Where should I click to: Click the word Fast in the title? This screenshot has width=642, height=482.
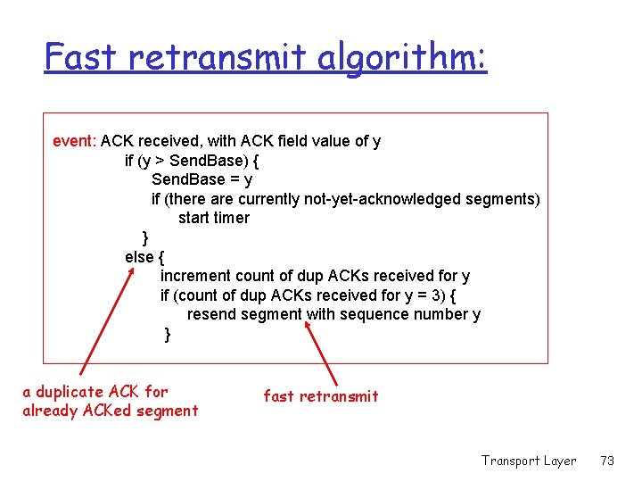(x=81, y=58)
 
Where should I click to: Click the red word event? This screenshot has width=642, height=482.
(x=75, y=141)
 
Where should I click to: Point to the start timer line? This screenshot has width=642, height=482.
(x=213, y=218)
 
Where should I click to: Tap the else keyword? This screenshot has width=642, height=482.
(x=140, y=257)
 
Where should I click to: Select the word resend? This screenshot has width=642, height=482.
(x=212, y=314)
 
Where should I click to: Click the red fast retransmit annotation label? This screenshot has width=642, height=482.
(x=321, y=396)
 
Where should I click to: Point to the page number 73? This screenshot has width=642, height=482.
(x=608, y=461)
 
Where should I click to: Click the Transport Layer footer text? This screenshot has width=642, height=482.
(x=528, y=461)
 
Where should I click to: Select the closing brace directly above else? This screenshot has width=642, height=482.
(x=145, y=237)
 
